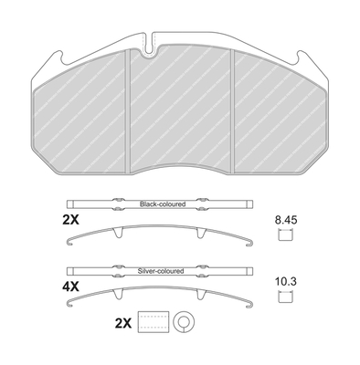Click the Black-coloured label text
163,204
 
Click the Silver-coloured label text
161,271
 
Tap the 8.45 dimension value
286,220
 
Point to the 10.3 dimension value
286,282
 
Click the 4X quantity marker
70,287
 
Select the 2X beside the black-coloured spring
70,220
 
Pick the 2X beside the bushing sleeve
123,323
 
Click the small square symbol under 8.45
286,235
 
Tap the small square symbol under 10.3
286,297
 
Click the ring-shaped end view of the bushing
184,322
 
